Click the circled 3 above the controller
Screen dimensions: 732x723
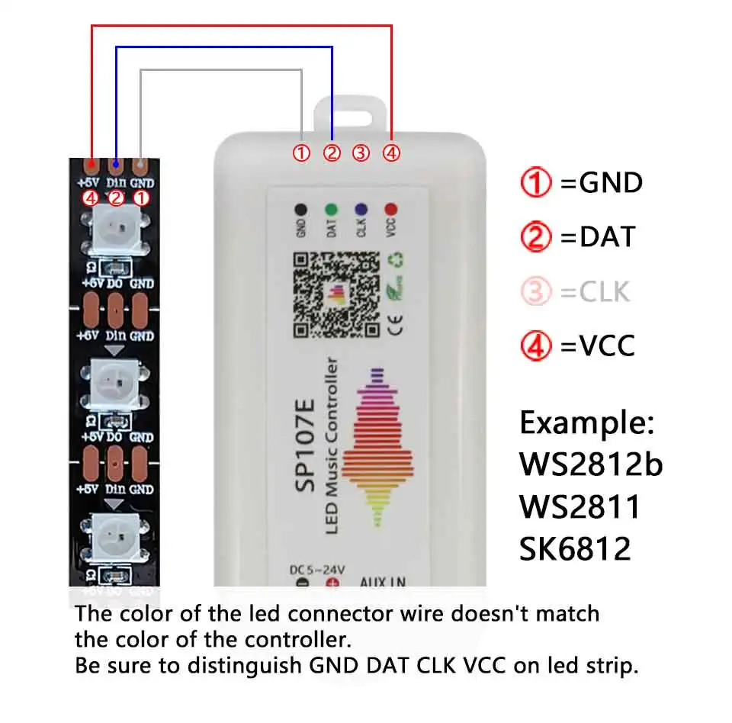pos(361,153)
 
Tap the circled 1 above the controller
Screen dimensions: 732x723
pos(302,153)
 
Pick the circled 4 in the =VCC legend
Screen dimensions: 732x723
pos(536,346)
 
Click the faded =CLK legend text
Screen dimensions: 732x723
pos(596,291)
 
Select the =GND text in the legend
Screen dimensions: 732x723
pos(602,183)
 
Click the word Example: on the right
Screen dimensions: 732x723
pos(586,422)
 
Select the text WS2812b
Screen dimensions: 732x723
pos(591,464)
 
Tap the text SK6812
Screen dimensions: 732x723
pos(576,548)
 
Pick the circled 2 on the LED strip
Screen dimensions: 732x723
pos(116,198)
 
